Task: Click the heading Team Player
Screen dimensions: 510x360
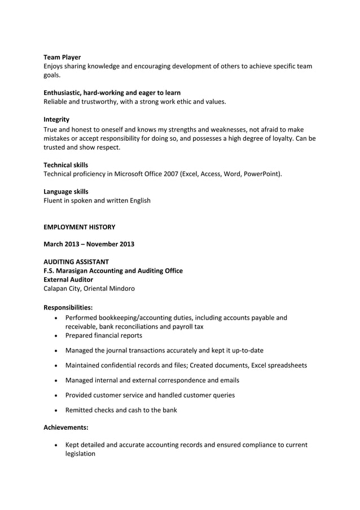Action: (62, 57)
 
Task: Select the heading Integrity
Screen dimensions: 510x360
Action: (56, 119)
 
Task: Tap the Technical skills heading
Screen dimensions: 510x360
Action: (65, 164)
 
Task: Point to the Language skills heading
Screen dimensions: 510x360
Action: (65, 191)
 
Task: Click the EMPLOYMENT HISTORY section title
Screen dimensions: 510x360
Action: (79, 227)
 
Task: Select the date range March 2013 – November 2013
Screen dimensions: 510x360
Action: (89, 244)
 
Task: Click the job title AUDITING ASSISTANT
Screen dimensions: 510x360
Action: (76, 262)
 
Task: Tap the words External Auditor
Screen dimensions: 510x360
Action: (68, 280)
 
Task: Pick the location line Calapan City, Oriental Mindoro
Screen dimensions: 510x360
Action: (89, 289)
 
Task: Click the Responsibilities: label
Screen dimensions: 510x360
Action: (68, 307)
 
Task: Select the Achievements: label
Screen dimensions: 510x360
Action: (66, 428)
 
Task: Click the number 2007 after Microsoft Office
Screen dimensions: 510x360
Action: (169, 173)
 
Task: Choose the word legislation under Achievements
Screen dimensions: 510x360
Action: (80, 454)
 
